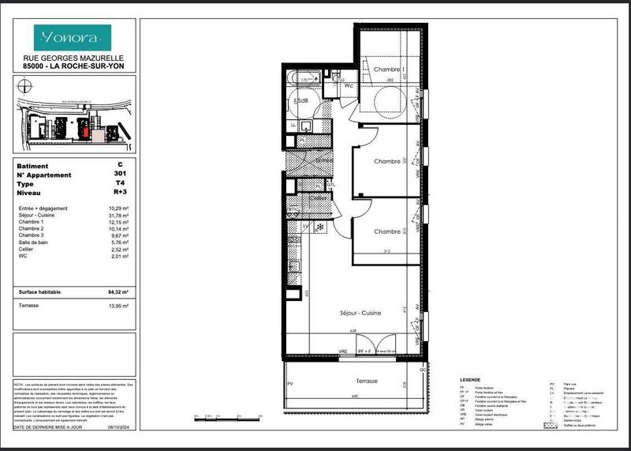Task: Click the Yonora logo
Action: (72, 36)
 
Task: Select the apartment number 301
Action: (120, 175)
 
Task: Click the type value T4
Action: (120, 183)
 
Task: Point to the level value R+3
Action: (120, 192)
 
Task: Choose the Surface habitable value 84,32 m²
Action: (118, 291)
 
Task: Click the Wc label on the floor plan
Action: (348, 85)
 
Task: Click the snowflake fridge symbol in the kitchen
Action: (319, 227)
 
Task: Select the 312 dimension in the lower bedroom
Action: (386, 252)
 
